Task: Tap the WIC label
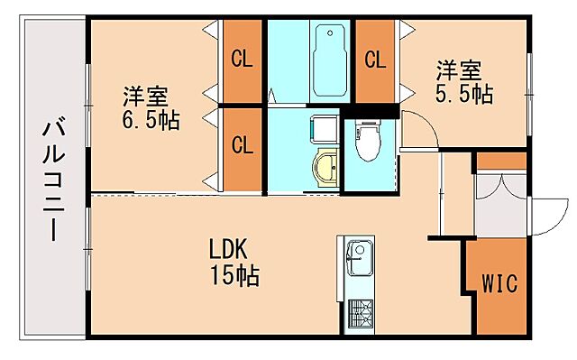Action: (499, 284)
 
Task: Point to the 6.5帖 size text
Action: (150, 119)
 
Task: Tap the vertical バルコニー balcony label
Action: (52, 180)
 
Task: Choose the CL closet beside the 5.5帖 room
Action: (375, 60)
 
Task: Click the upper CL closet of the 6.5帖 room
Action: (242, 60)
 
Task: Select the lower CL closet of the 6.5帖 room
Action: (242, 144)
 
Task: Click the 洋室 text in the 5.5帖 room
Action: (459, 69)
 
